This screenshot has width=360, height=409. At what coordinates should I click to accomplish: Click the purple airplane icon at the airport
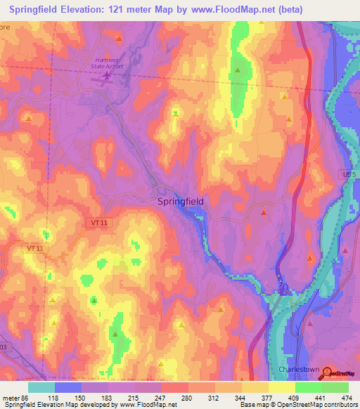tap(107, 76)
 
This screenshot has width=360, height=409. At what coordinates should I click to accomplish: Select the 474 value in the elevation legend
tap(345, 397)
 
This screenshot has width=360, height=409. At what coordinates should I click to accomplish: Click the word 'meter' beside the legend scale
tap(11, 397)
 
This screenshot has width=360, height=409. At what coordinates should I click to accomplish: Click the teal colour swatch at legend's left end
tap(41, 387)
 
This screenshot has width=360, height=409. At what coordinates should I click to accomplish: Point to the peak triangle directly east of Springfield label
tap(264, 212)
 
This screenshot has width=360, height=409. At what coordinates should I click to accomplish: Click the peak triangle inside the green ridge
tap(238, 70)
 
